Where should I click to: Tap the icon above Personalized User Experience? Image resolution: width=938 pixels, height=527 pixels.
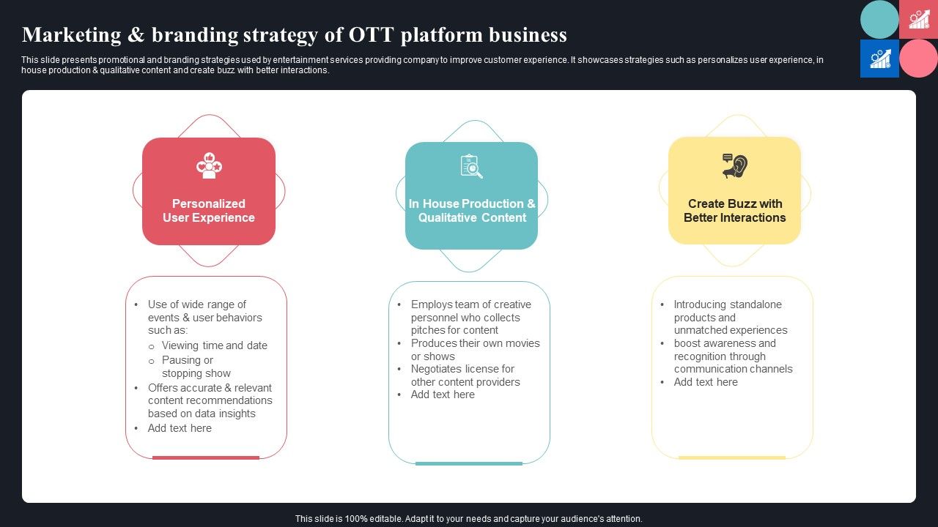209,165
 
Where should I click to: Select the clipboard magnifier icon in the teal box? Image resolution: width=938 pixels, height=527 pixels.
471,166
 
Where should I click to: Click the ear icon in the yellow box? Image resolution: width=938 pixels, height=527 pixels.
734,166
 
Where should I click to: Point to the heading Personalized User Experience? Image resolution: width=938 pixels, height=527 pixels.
209,211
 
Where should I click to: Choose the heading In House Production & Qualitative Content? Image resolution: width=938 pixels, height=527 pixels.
472,211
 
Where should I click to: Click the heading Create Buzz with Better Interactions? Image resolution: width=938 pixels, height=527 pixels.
734,211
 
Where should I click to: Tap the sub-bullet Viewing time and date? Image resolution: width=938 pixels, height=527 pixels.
214,345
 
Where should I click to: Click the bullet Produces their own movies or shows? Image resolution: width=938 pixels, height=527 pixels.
474,350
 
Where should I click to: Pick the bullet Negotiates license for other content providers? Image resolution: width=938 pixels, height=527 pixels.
465,375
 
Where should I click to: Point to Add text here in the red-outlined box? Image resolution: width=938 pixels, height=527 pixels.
180,428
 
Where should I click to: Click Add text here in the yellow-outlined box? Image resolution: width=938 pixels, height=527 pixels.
706,382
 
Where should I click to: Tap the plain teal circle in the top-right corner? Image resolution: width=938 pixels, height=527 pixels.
879,20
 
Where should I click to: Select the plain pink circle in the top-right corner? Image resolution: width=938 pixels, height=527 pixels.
918,59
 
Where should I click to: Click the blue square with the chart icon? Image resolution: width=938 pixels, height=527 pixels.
879,59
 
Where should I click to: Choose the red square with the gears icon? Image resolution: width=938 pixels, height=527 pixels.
918,20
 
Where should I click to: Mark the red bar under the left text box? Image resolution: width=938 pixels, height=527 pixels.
206,457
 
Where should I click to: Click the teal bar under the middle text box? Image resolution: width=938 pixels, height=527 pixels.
469,463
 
